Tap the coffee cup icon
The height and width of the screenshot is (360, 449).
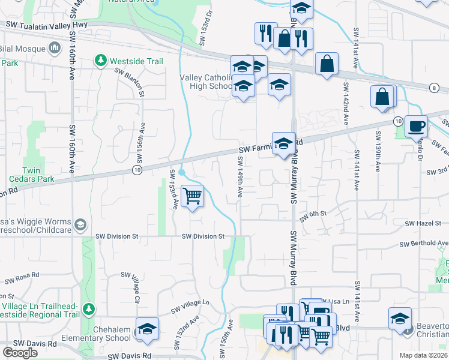coord(416,127)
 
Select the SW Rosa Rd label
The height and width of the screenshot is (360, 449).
coord(22,278)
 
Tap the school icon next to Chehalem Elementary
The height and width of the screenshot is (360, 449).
coord(147,329)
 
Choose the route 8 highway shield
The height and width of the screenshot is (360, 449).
coord(433,88)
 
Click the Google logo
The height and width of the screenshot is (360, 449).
coord(20,353)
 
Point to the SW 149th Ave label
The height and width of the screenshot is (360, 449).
coord(240,178)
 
